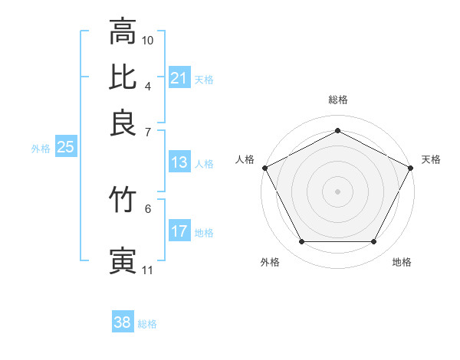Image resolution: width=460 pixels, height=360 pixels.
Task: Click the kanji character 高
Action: click(x=123, y=31)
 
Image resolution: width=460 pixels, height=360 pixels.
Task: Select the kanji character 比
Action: click(x=123, y=77)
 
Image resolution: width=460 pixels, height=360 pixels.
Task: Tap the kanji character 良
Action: click(x=123, y=123)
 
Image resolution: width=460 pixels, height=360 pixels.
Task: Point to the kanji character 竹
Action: click(x=123, y=201)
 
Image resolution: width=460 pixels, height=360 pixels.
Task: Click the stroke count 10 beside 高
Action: click(x=148, y=39)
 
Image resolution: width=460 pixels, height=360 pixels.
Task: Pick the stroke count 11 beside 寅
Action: click(x=148, y=270)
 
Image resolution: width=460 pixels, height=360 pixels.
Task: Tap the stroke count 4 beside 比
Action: click(x=148, y=86)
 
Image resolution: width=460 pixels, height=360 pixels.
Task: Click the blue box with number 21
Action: click(x=179, y=77)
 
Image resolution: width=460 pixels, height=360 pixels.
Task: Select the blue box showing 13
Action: click(x=179, y=162)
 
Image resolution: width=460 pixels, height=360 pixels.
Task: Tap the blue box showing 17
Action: click(x=179, y=232)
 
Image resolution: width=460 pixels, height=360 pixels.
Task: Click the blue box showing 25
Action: click(x=65, y=147)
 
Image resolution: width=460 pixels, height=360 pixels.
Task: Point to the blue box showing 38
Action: click(x=123, y=322)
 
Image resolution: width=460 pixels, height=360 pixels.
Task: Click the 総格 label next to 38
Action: click(x=147, y=324)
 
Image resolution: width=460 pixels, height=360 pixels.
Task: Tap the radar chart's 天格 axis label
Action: click(x=431, y=159)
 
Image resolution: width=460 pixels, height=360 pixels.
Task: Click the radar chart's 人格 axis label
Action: click(x=245, y=159)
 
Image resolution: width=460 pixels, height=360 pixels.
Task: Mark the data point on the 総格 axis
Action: click(x=337, y=130)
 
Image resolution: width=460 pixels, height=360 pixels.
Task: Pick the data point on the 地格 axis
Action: click(x=373, y=242)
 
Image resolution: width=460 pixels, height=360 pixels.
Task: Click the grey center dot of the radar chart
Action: click(x=337, y=191)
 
